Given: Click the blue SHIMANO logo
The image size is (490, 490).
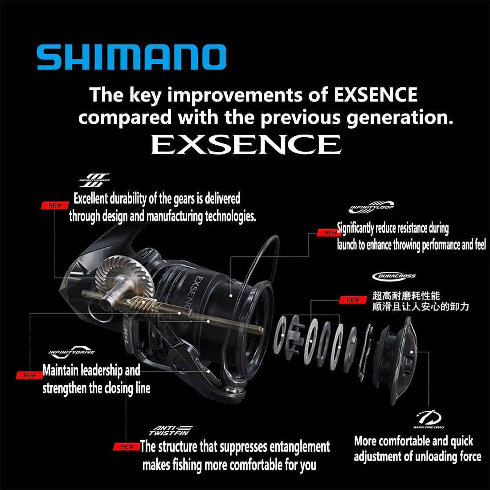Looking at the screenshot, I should point(131,57).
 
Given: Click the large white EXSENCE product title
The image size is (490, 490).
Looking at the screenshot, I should point(246,145).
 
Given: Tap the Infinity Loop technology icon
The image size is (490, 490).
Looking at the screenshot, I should point(371,208).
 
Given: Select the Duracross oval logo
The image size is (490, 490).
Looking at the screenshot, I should point(394,276).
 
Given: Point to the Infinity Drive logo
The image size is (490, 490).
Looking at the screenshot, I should point(72,352).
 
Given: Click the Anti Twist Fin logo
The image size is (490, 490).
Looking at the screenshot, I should point(170,430).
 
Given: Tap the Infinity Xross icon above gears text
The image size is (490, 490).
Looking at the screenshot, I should point(95,180).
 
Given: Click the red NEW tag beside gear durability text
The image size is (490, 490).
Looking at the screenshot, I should point(55,205).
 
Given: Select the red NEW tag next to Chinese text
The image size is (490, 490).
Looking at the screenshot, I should point(353,300).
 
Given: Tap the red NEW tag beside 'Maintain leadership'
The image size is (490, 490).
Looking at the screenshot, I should point(29,375).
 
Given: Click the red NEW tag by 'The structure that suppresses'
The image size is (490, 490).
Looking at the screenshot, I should point(127,446).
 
